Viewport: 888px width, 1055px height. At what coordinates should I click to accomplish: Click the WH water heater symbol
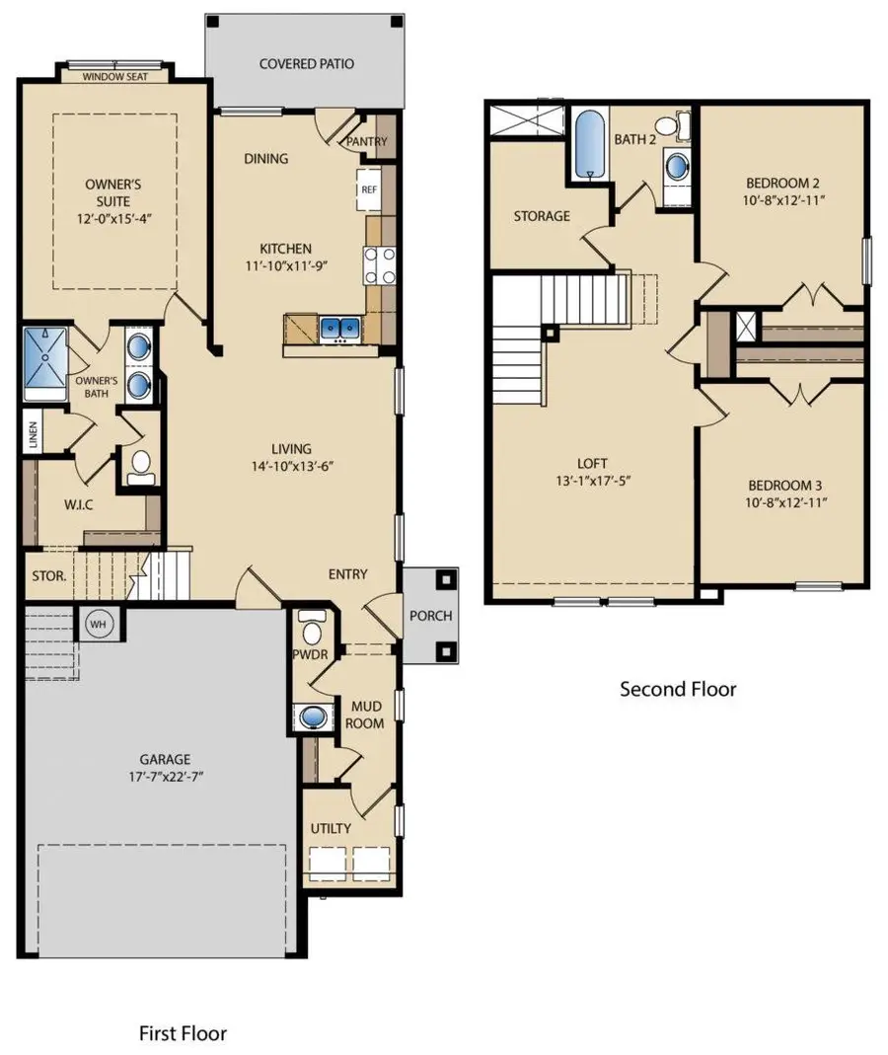[98, 624]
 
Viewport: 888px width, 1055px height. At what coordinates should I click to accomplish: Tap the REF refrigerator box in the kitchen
[369, 188]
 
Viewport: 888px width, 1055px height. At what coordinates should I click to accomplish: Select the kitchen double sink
[339, 327]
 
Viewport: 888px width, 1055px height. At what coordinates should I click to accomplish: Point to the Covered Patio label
[306, 64]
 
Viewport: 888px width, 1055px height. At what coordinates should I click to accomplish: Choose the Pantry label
[367, 141]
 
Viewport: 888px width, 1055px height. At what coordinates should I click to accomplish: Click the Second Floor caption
[677, 689]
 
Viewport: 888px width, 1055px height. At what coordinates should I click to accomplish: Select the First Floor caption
[183, 1033]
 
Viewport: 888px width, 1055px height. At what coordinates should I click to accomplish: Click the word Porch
[430, 616]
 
